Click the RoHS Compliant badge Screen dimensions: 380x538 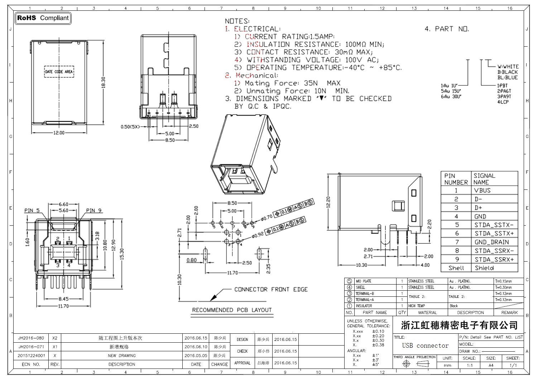coord(43,18)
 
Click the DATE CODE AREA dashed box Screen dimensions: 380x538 coord(59,72)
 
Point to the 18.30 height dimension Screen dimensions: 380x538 coord(103,83)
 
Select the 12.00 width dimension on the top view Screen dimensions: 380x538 coord(59,133)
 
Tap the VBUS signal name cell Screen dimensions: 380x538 coord(482,191)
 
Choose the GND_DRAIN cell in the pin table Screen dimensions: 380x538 coord(491,242)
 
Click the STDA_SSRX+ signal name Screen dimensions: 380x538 coord(494,259)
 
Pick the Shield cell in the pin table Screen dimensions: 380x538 coord(484,268)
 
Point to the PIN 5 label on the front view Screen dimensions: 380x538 coord(32,211)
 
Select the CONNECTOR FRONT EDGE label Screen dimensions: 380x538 coord(271,290)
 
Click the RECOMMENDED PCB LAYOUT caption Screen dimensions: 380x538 coord(232,310)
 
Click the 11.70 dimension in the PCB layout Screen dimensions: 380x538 coord(232,273)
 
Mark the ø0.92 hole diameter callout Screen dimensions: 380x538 coord(258,235)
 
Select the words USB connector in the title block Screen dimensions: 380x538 coord(425,346)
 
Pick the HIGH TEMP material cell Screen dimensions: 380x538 coord(417,306)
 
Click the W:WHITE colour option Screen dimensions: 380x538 coord(508,66)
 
